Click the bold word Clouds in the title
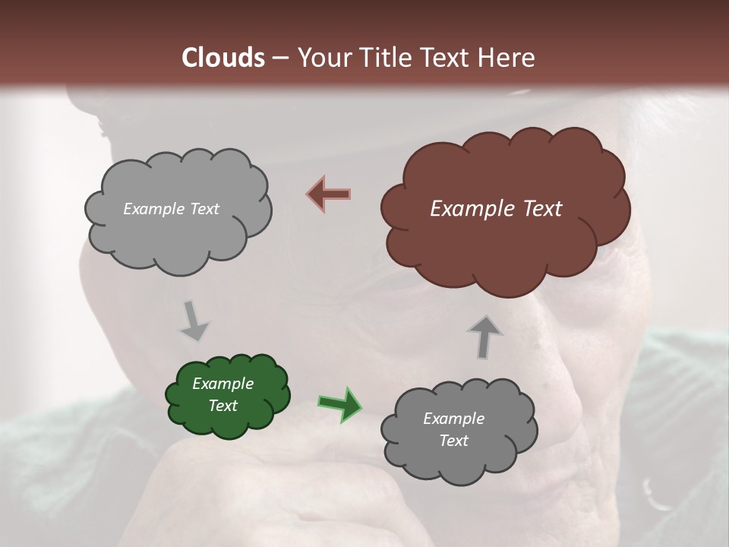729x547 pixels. tap(223, 58)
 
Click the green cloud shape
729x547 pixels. tap(226, 396)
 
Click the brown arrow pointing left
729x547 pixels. tap(328, 194)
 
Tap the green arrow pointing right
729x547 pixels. tap(339, 403)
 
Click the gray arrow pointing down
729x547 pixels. tap(194, 321)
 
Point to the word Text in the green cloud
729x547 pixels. tap(223, 406)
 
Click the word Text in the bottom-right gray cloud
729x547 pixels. tap(453, 441)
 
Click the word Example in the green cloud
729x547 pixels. tap(223, 384)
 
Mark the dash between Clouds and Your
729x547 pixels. tap(280, 58)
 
